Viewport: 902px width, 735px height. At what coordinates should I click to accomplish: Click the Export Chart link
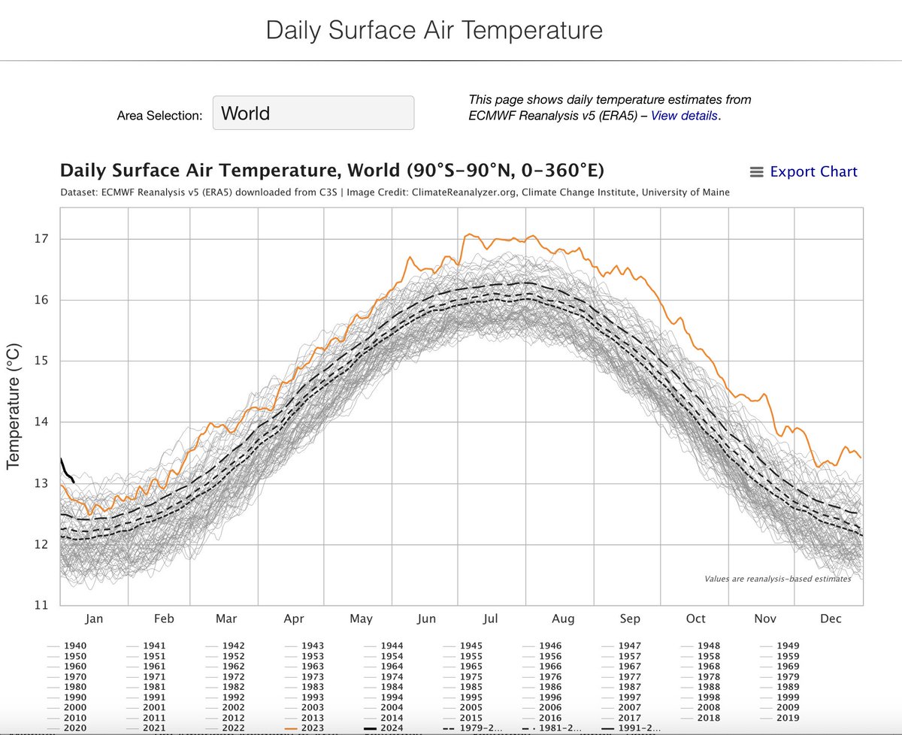(813, 171)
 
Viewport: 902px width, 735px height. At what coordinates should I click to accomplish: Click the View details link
(684, 116)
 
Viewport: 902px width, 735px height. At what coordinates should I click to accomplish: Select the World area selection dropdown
(313, 113)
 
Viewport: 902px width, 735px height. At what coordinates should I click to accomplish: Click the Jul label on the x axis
(491, 619)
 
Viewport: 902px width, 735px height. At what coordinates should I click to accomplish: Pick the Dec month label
(831, 619)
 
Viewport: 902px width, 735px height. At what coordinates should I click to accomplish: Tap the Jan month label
(93, 619)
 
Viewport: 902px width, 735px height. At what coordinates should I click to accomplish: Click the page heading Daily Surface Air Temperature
(434, 31)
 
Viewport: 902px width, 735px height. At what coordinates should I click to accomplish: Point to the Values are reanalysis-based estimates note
(777, 579)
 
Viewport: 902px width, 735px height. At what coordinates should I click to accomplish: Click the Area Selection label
(159, 116)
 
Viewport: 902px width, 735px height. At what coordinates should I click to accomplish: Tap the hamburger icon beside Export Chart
(757, 172)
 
